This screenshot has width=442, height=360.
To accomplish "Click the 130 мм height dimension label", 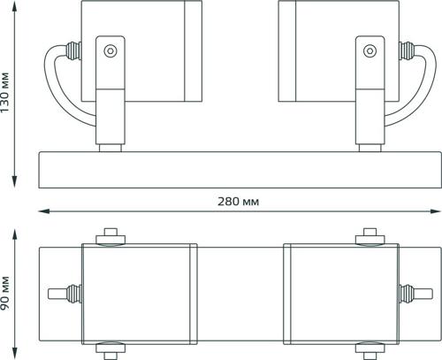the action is (5, 92).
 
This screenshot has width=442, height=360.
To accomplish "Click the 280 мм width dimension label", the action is (239, 202).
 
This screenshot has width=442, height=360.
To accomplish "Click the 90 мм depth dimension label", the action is (5, 293).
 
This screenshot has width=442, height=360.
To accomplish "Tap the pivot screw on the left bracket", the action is (110, 50).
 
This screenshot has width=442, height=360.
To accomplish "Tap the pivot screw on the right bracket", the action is (370, 50).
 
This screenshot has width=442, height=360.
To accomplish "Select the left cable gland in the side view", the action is (73, 50).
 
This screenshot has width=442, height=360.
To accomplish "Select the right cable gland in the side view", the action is (407, 50).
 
